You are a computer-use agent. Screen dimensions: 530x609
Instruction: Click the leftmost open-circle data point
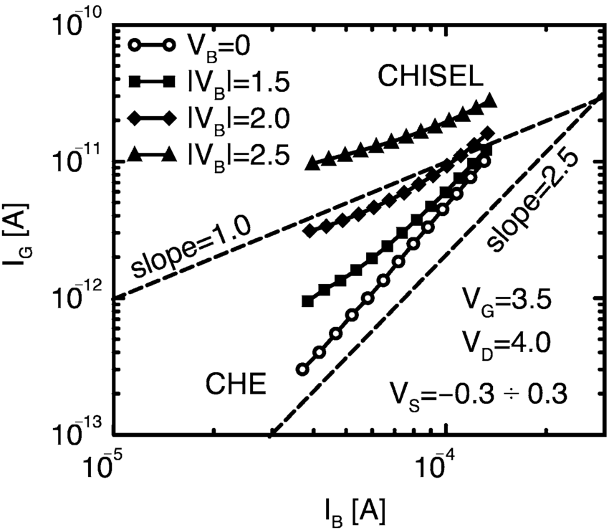click(302, 369)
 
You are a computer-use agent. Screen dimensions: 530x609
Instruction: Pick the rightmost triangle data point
click(490, 100)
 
